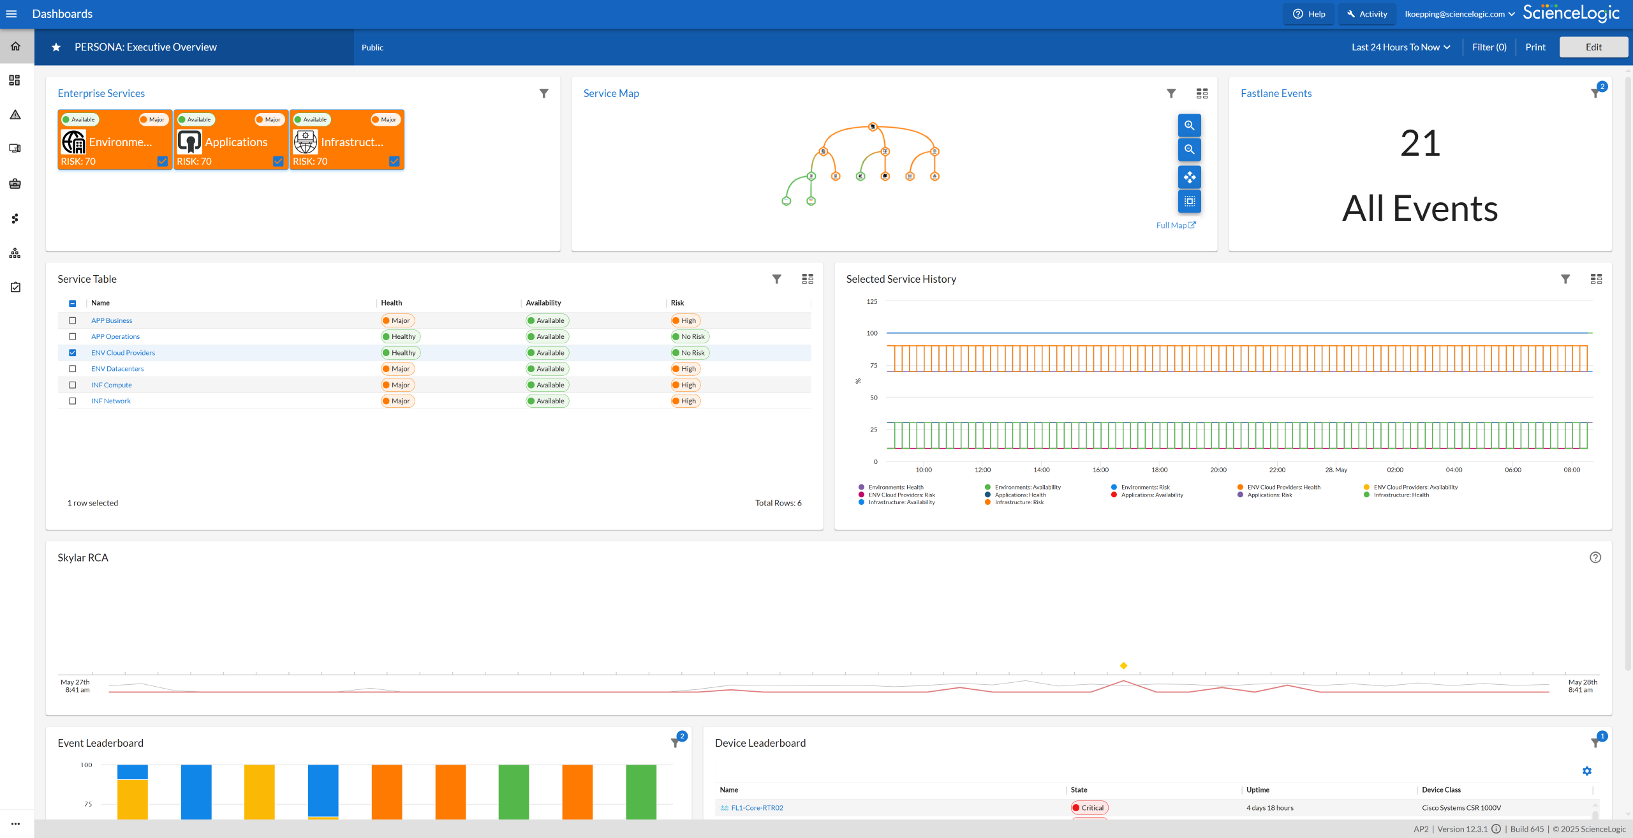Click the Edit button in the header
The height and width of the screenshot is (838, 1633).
(x=1593, y=47)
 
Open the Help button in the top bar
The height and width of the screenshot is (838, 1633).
(x=1308, y=14)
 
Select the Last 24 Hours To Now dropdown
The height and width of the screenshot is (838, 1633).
(x=1401, y=47)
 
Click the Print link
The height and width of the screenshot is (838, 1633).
(x=1535, y=47)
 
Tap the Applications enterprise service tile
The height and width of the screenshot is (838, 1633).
(x=231, y=140)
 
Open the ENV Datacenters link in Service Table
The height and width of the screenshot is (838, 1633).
(x=117, y=369)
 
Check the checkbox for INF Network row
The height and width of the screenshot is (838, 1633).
(x=73, y=401)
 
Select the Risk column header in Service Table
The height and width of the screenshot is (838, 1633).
(x=677, y=303)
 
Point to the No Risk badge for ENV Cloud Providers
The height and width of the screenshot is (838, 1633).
(x=690, y=353)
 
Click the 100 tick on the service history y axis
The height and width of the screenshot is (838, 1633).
(x=872, y=333)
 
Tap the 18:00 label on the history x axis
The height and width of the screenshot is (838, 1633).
(x=1160, y=470)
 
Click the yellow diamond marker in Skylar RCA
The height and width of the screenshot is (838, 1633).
(x=1124, y=666)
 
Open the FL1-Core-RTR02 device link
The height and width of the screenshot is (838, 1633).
(x=757, y=808)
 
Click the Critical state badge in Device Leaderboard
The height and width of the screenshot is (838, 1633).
(x=1090, y=808)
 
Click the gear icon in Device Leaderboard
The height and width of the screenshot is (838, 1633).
(x=1587, y=771)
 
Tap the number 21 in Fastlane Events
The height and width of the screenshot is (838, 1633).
(x=1420, y=143)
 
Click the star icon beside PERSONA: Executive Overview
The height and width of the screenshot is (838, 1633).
(x=56, y=47)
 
